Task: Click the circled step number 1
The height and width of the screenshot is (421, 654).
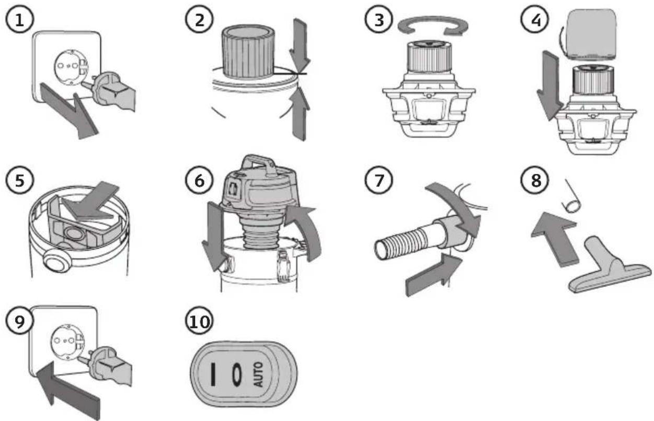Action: [19, 20]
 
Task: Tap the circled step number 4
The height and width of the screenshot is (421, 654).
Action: [535, 20]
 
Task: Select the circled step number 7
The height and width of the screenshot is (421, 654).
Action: [378, 180]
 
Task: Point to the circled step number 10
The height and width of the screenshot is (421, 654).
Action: [199, 321]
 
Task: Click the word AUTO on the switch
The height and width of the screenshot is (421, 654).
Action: [259, 375]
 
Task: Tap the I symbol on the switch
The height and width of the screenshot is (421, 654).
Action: [214, 375]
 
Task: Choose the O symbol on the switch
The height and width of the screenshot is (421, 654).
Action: [236, 375]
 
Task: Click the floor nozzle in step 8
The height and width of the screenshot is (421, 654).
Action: [609, 268]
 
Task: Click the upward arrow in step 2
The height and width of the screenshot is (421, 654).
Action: [300, 113]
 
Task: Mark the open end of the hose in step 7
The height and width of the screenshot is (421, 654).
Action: [382, 250]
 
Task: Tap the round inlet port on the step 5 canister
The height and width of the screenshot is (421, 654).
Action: [58, 262]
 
